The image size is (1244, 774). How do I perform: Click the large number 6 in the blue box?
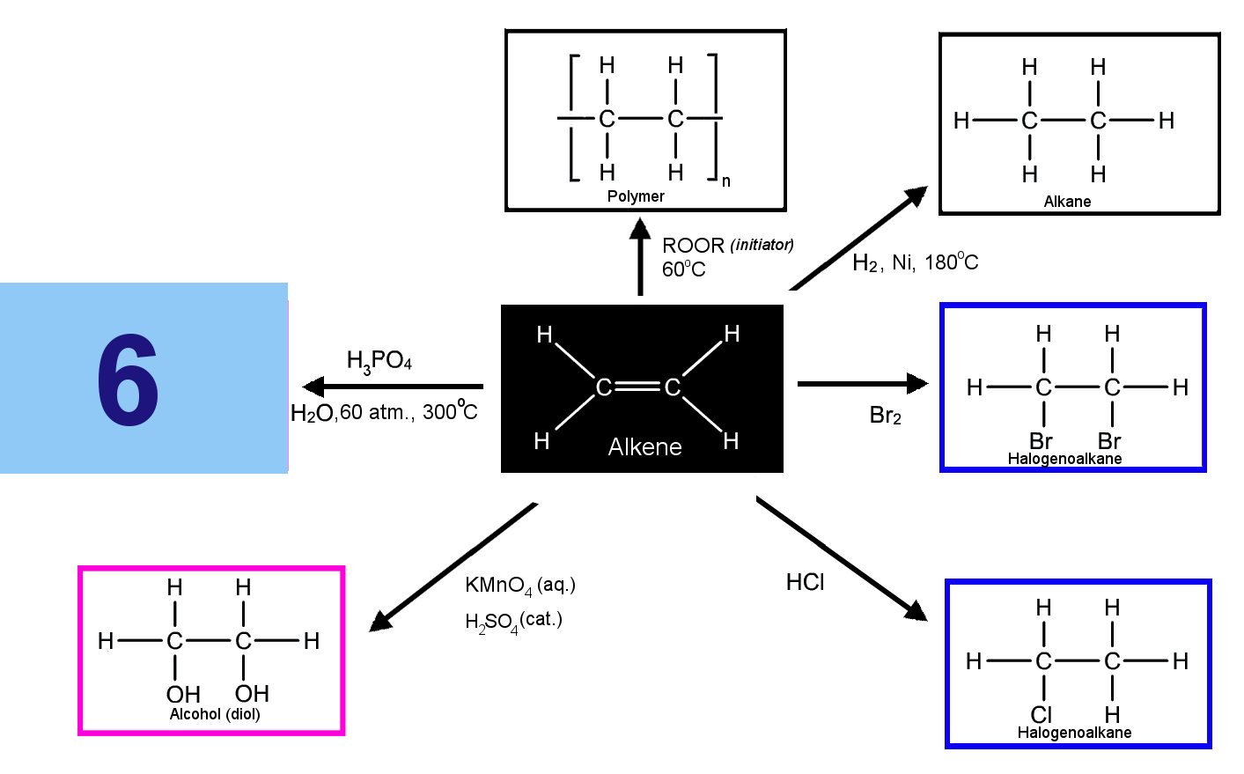(128, 380)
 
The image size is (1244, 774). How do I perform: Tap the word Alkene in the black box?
(644, 446)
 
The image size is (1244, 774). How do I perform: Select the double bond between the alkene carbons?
(638, 387)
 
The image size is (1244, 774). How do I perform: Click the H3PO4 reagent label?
(379, 361)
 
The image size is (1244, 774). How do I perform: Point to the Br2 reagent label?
(886, 415)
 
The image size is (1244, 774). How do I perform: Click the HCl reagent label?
(806, 582)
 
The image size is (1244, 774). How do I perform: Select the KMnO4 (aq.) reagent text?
(520, 586)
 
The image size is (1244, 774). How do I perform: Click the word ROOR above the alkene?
(693, 245)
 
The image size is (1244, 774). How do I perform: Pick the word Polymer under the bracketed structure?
(636, 196)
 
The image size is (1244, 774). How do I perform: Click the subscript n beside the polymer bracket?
(725, 181)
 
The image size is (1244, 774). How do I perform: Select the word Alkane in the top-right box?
(1067, 201)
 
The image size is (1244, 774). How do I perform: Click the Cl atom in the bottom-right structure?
(1042, 714)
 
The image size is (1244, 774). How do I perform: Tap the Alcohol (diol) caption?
(215, 714)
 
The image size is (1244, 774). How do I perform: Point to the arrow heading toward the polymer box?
(640, 256)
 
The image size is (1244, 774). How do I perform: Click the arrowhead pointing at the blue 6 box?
(313, 387)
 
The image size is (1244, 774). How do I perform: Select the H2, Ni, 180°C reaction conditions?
(916, 262)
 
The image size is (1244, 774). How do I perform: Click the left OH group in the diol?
(183, 694)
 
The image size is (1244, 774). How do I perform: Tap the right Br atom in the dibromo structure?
(1109, 441)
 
